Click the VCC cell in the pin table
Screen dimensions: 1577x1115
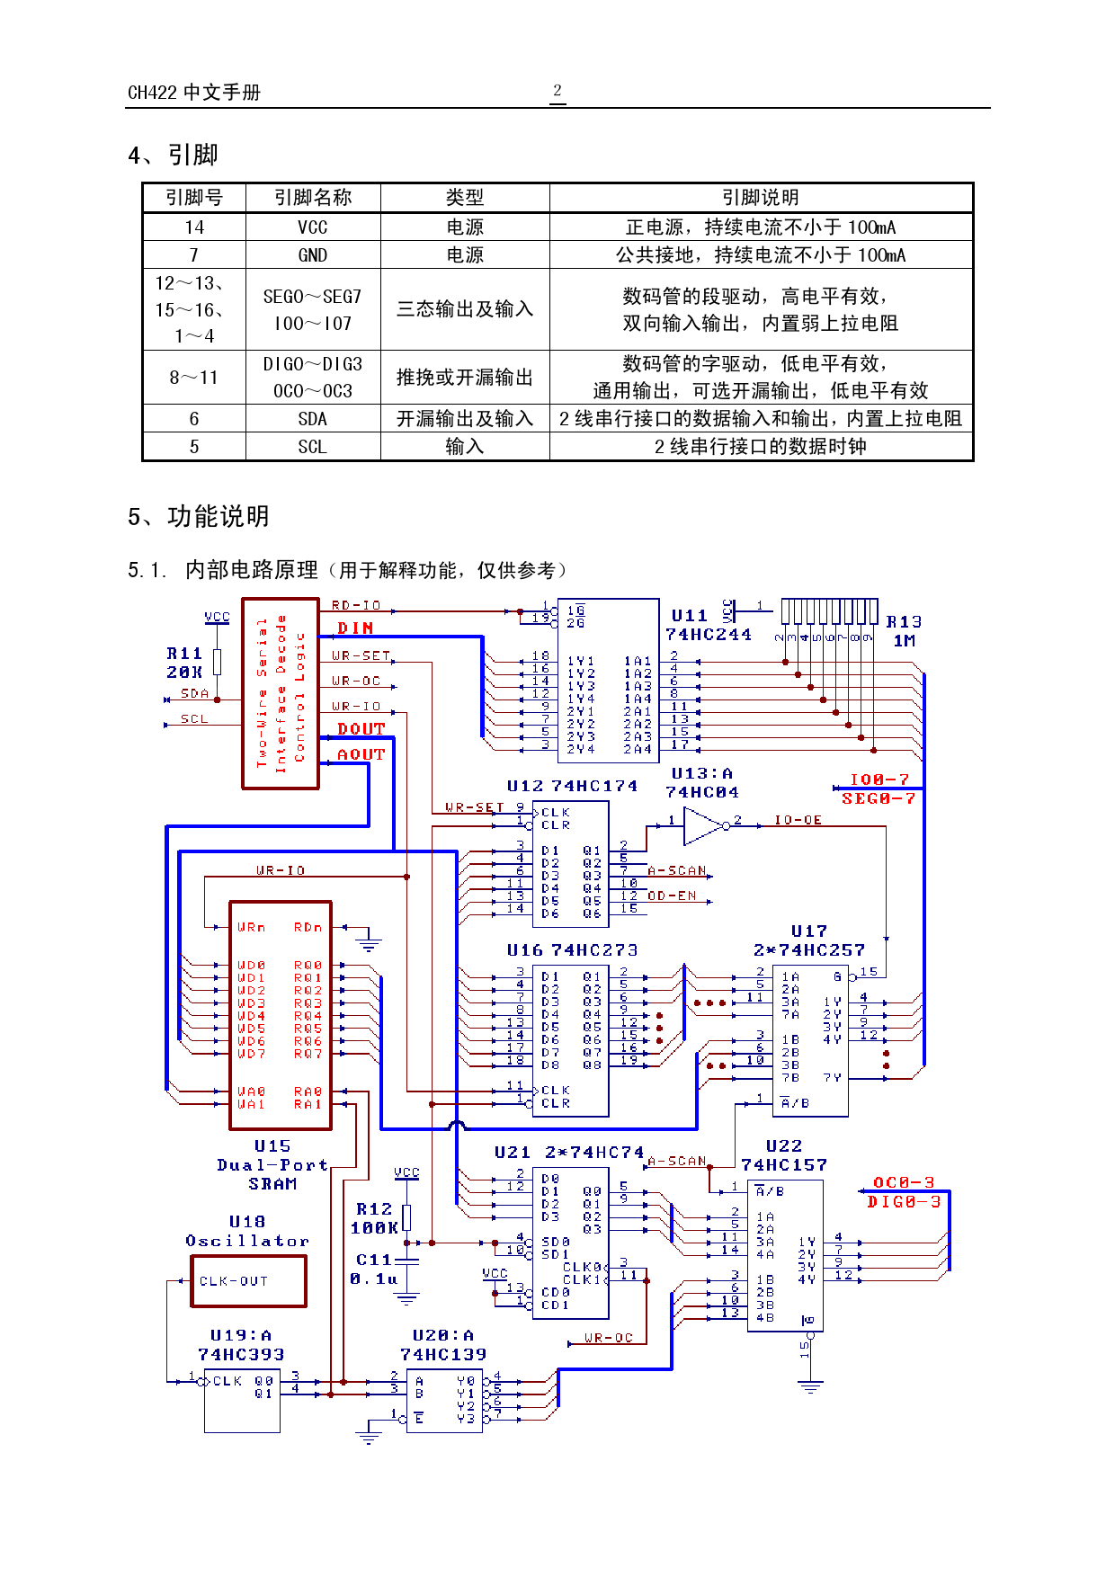[313, 227]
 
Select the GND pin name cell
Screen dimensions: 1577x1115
[313, 255]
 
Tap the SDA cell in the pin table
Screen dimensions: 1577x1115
[313, 419]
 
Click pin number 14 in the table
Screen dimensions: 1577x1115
[194, 227]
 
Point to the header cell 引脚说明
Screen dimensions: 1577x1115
[761, 198]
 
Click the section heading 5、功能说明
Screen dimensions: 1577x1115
[199, 517]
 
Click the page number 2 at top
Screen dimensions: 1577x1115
[557, 91]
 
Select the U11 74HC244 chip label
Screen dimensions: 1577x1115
[708, 625]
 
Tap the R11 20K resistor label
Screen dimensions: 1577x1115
[184, 663]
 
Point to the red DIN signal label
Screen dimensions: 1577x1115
[355, 628]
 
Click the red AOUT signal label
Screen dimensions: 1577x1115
[361, 754]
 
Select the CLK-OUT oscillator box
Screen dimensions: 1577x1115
[248, 1281]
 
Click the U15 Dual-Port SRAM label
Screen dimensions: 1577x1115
[272, 1165]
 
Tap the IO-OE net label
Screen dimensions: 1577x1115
[798, 820]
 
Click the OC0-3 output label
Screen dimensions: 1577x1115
[904, 1182]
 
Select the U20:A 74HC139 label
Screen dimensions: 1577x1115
[443, 1345]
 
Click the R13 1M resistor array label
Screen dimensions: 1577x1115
[904, 631]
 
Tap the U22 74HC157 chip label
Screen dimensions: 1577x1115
[783, 1155]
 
